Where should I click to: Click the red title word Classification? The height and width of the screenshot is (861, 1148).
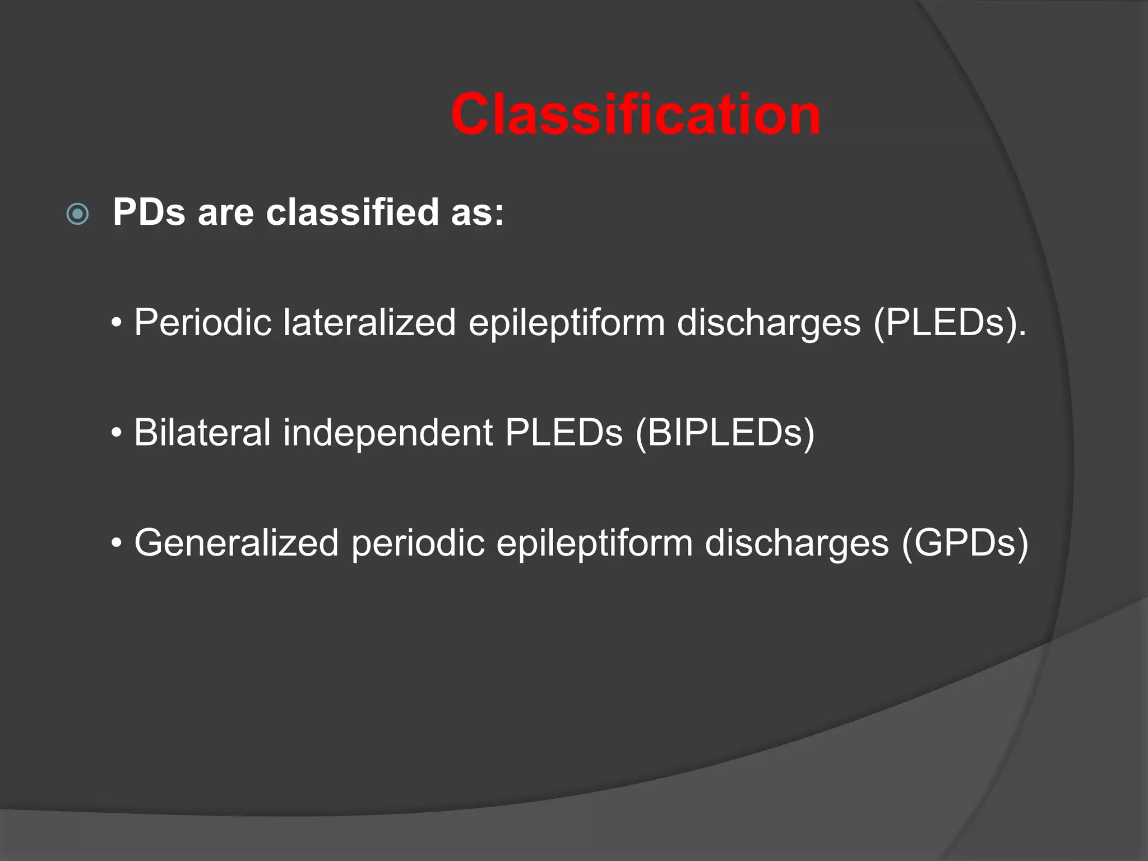pyautogui.click(x=636, y=115)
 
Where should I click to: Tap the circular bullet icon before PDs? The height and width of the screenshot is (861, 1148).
pyautogui.click(x=77, y=214)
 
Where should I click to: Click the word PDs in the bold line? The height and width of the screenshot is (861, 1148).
pyautogui.click(x=149, y=212)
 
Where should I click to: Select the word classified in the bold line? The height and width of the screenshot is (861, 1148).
pyautogui.click(x=352, y=212)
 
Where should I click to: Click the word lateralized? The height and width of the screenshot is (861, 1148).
pyautogui.click(x=369, y=323)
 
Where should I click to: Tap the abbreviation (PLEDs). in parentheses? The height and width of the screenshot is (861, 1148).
pyautogui.click(x=950, y=323)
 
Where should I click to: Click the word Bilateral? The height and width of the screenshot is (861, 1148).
pyautogui.click(x=202, y=433)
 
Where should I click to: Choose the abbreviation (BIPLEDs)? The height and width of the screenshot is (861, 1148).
pyautogui.click(x=724, y=433)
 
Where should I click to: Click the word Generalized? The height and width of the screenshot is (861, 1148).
pyautogui.click(x=236, y=543)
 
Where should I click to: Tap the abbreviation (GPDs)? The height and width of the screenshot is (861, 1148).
pyautogui.click(x=965, y=543)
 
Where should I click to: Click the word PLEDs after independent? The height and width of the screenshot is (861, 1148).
pyautogui.click(x=563, y=433)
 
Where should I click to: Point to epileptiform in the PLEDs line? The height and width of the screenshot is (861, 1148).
pyautogui.click(x=566, y=323)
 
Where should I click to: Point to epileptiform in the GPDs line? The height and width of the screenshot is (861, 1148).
pyautogui.click(x=594, y=543)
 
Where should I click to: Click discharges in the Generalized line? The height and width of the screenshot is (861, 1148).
pyautogui.click(x=797, y=543)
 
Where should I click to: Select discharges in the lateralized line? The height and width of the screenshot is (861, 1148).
pyautogui.click(x=769, y=323)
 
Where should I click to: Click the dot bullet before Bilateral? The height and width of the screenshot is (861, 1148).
pyautogui.click(x=117, y=433)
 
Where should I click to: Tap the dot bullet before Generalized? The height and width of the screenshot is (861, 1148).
pyautogui.click(x=117, y=543)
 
